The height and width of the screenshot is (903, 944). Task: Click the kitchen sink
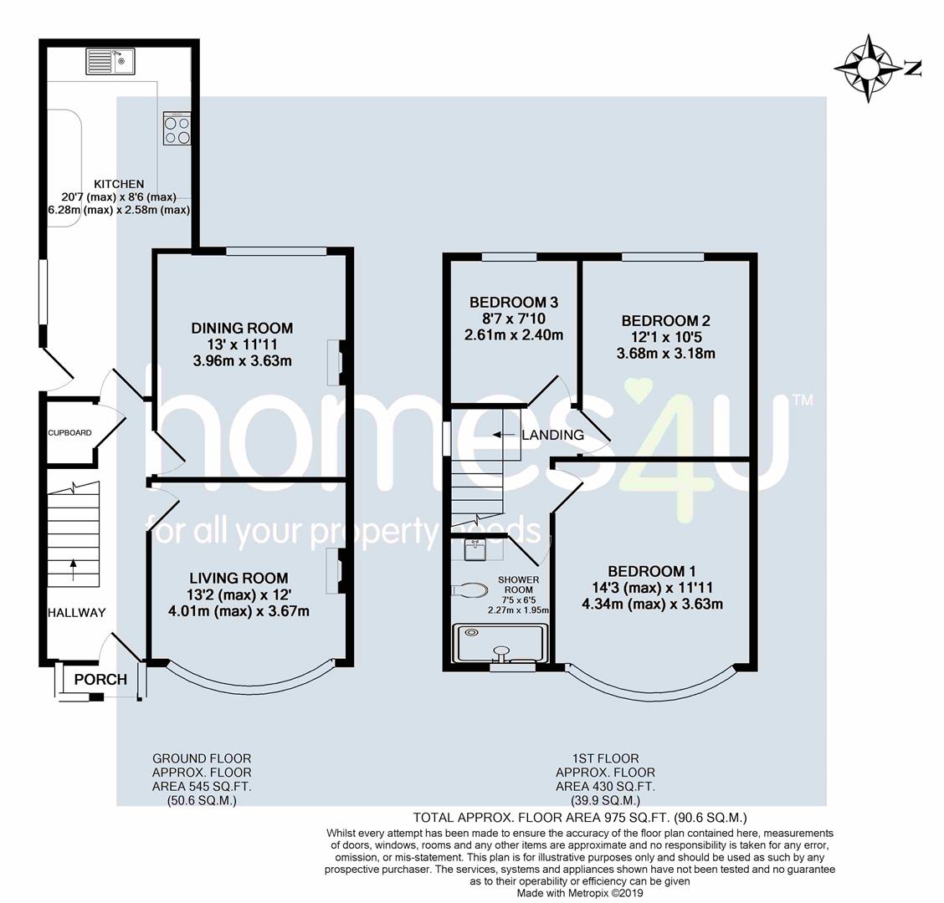click(x=110, y=61)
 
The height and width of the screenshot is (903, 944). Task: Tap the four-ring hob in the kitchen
click(x=177, y=128)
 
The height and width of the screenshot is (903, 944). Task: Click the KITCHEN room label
click(x=119, y=184)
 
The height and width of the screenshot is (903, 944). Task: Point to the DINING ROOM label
click(x=242, y=328)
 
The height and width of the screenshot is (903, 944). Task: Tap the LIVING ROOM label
click(x=239, y=578)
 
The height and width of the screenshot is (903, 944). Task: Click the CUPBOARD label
click(x=69, y=432)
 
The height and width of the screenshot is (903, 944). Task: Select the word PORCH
click(x=100, y=679)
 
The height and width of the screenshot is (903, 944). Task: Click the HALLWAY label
click(x=76, y=612)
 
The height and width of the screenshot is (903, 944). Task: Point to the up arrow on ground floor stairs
click(x=74, y=569)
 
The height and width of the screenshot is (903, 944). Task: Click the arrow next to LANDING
click(x=505, y=434)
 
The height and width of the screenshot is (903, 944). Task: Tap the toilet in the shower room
click(x=470, y=589)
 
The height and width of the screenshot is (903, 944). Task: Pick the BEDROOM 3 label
click(x=514, y=302)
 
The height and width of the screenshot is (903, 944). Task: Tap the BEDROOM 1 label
click(x=652, y=571)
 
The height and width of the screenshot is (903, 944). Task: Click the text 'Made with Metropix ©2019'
click(x=580, y=893)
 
